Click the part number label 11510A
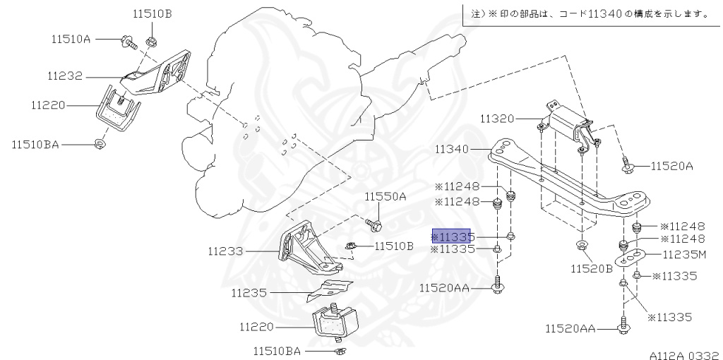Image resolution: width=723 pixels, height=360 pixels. click(71, 39)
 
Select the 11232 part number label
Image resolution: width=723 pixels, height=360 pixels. click(66, 74)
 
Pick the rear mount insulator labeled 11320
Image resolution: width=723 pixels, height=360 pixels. click(570, 127)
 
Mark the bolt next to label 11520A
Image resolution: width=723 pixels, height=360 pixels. click(627, 166)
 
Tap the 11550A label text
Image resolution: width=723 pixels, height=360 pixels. click(386, 196)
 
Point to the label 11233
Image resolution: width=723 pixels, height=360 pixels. click(225, 251)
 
